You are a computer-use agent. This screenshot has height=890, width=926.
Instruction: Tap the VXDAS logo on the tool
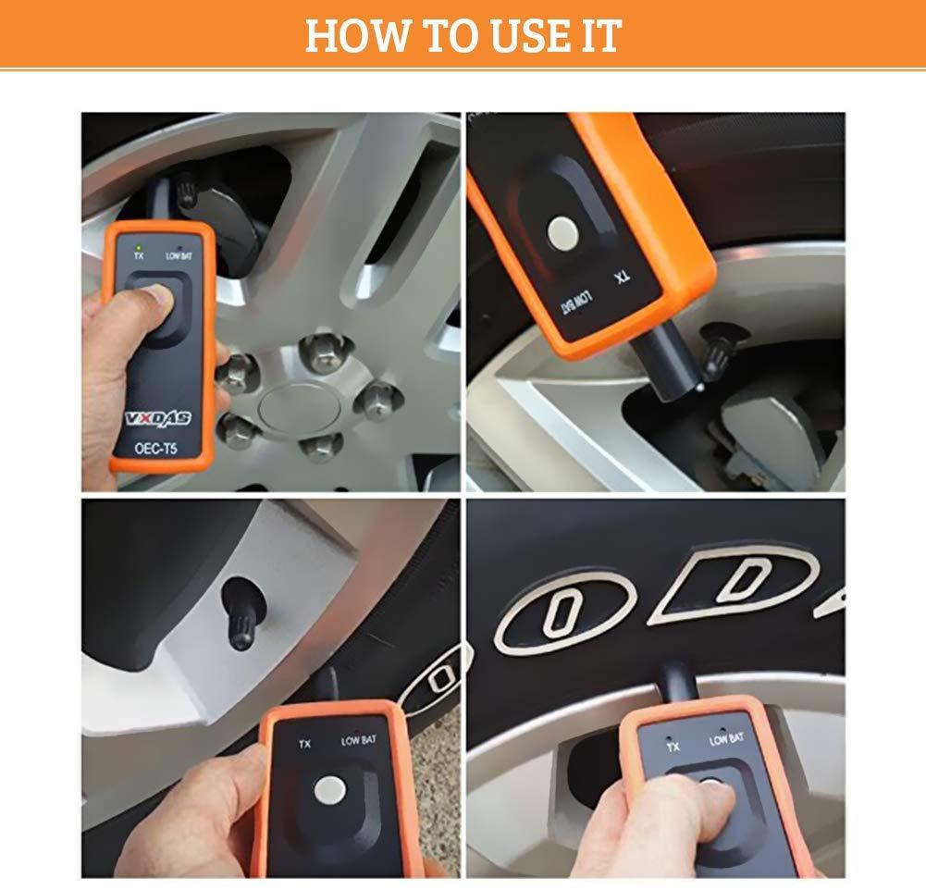click(158, 418)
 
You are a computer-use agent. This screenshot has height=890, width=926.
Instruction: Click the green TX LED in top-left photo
click(138, 248)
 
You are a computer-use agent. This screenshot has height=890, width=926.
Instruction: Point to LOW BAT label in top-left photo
click(179, 256)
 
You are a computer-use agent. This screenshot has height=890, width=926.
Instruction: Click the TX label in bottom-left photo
click(303, 743)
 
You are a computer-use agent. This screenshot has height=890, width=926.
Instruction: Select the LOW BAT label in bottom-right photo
click(726, 739)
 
